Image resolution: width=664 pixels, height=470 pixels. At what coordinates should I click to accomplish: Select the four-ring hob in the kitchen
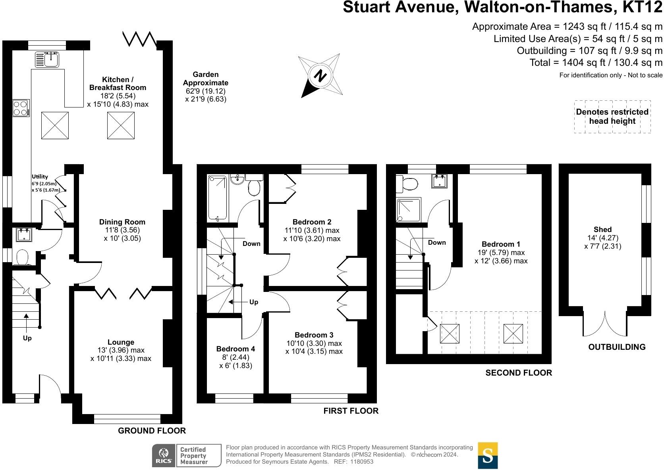click(21, 107)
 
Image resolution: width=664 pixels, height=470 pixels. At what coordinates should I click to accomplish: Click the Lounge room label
click(121, 342)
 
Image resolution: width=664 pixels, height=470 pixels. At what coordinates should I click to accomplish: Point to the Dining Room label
click(122, 222)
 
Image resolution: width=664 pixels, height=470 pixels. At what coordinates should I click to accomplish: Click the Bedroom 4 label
click(235, 349)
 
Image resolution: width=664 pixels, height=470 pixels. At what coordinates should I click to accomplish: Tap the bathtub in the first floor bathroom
click(217, 198)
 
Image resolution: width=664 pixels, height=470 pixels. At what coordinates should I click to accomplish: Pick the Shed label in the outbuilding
click(602, 230)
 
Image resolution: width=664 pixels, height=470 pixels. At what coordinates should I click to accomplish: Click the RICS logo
click(164, 455)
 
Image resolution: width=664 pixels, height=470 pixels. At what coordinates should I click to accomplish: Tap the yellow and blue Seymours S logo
click(488, 455)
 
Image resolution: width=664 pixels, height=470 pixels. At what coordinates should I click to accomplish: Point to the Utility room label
click(40, 176)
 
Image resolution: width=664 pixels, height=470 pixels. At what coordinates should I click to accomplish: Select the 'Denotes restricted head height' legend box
click(612, 117)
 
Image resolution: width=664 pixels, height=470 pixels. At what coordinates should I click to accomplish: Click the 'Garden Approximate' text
click(206, 79)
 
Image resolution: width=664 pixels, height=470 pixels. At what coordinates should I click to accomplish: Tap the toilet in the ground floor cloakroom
click(22, 257)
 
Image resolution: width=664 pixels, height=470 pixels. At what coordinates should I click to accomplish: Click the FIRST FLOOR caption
click(351, 411)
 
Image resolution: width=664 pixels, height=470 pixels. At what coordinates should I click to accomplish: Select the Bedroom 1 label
click(501, 244)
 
